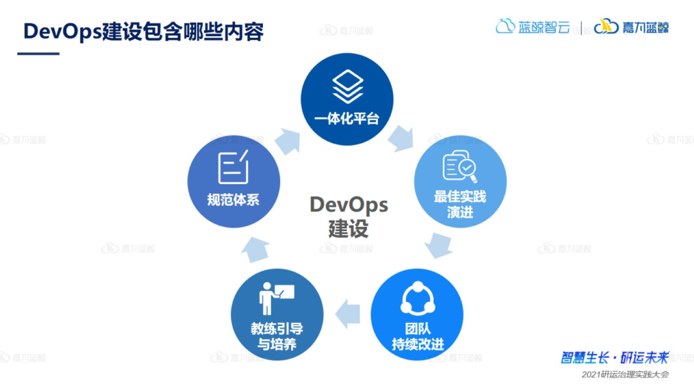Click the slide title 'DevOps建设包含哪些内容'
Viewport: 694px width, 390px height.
coord(143,31)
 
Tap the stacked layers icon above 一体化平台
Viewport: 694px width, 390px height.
coord(348,86)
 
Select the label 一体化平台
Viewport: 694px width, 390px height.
coord(347,119)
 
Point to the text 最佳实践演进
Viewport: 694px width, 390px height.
coord(460,204)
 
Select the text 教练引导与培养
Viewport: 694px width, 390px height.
coord(277,336)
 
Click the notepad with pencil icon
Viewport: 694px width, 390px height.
coord(233,167)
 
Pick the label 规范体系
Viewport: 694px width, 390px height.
coord(233,200)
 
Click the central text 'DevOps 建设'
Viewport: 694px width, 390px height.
coord(349,216)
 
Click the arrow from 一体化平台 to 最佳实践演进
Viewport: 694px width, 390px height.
coord(401,137)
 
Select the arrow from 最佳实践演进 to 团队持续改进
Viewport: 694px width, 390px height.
coord(439,244)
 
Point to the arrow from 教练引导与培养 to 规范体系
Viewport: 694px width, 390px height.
coord(258,249)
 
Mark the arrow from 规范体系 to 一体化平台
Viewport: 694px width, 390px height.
coord(287,140)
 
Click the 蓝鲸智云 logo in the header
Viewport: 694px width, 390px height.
coord(533,27)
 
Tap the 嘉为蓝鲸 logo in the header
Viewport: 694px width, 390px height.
coord(631,27)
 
